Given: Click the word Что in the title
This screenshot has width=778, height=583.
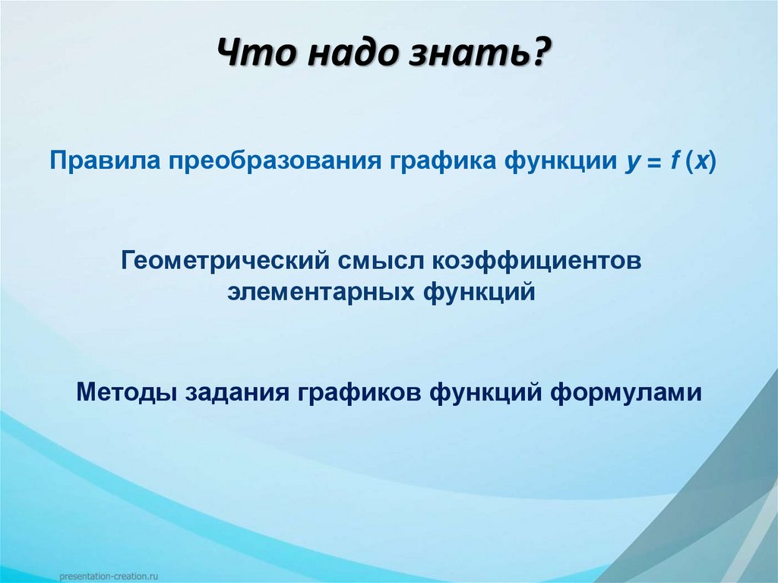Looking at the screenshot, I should coord(255,57).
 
